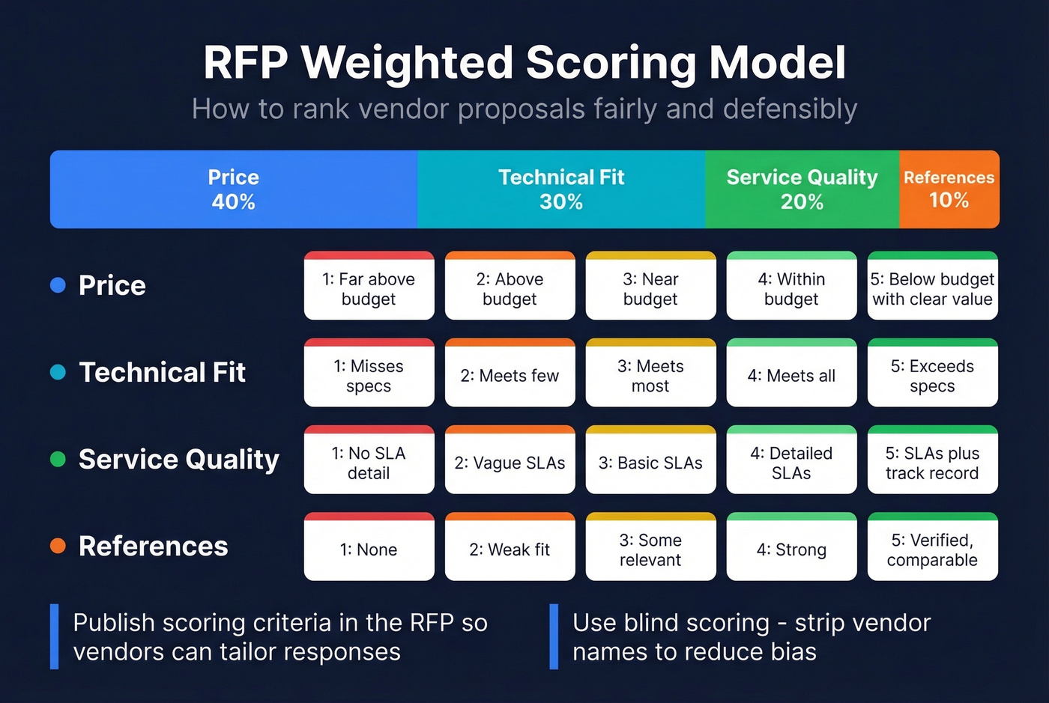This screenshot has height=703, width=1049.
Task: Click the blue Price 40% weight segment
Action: tap(233, 189)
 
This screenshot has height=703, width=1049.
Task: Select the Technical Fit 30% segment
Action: tap(560, 189)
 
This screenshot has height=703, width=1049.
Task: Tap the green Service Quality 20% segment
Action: tap(802, 189)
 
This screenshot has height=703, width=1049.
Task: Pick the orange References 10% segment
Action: tap(949, 189)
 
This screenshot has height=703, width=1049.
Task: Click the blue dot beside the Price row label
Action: tap(58, 285)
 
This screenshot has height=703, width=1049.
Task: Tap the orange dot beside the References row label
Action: tap(58, 546)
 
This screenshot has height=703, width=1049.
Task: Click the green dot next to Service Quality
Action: tap(58, 459)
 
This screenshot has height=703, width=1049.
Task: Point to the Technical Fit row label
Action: tap(162, 372)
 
